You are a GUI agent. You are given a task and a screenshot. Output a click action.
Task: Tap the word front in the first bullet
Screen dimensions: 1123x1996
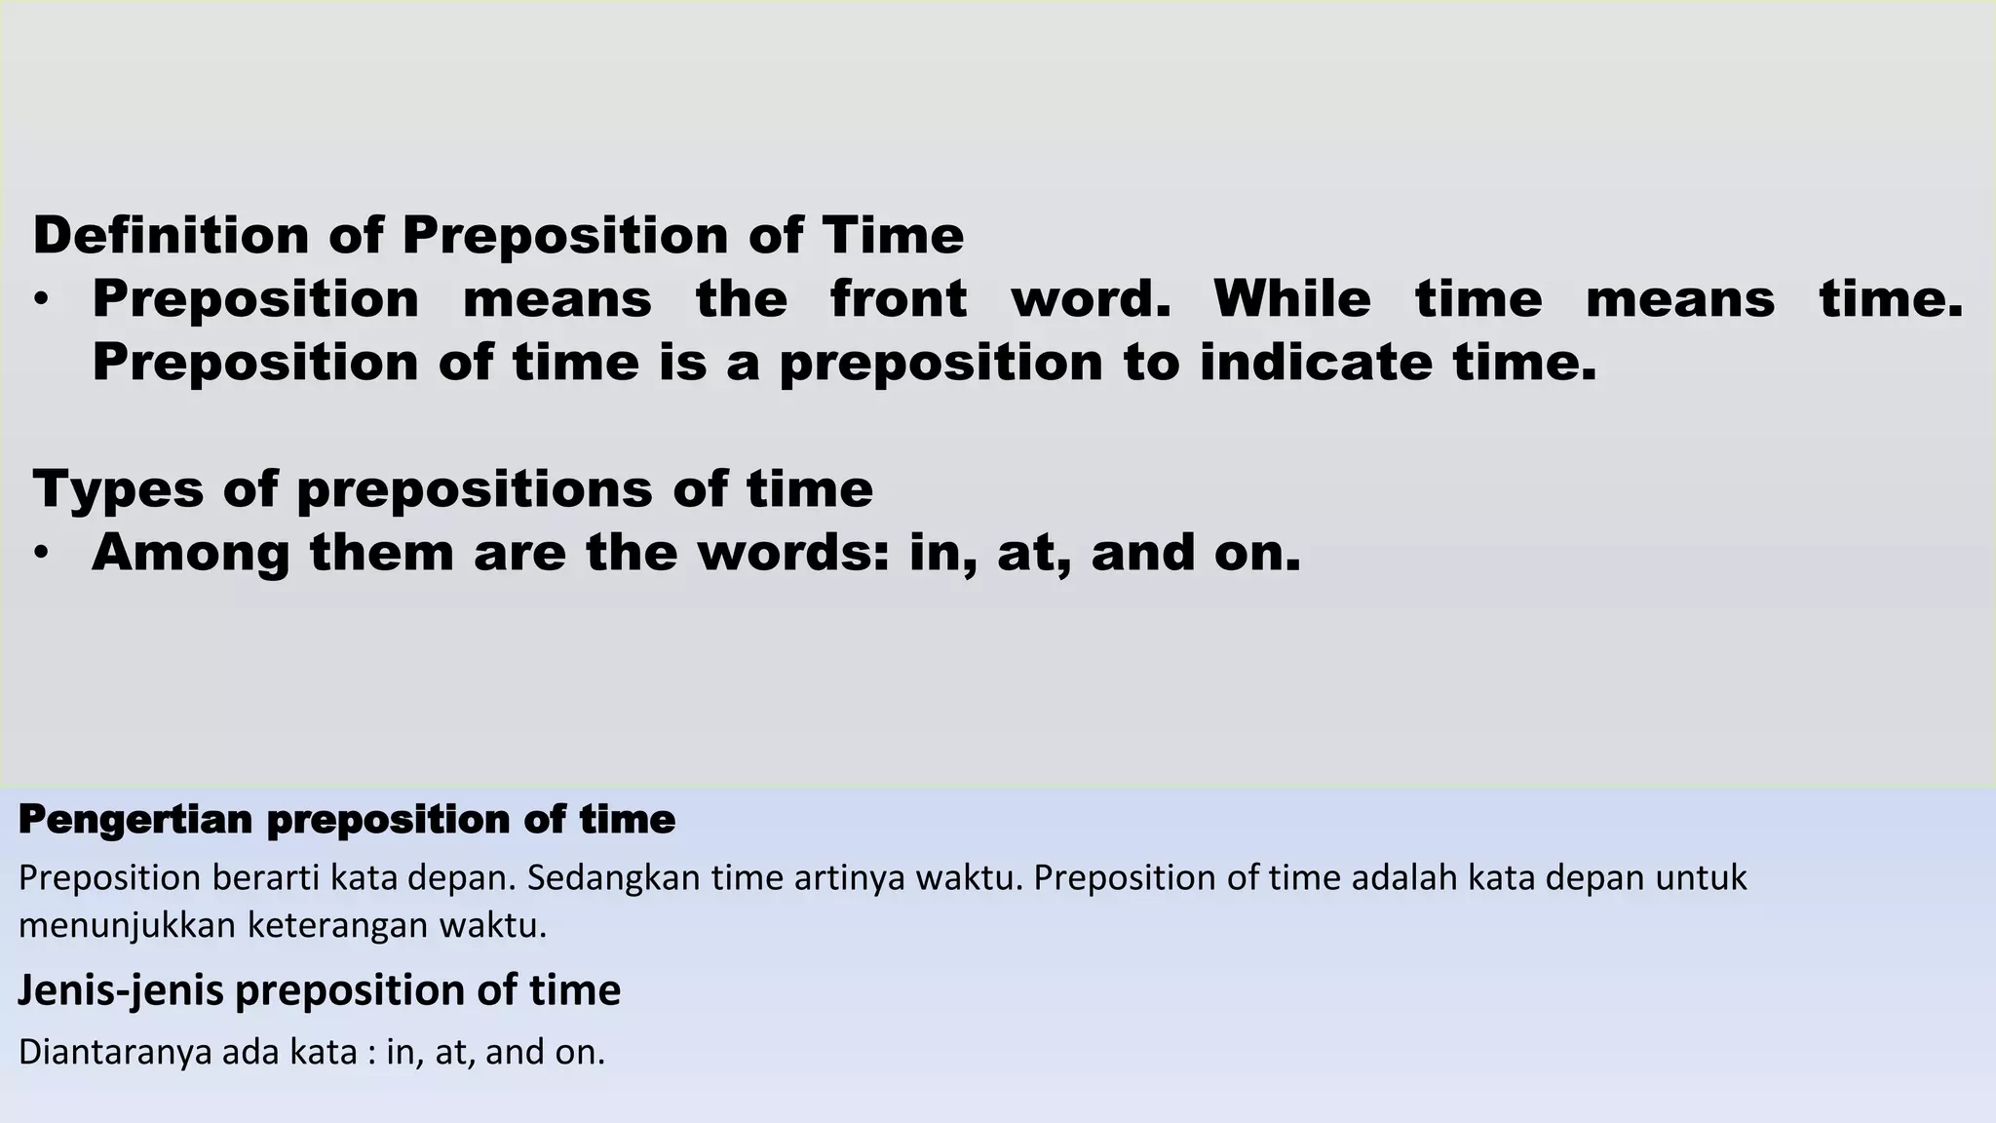pyautogui.click(x=899, y=298)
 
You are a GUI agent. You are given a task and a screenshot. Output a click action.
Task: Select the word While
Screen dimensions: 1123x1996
pyautogui.click(x=1291, y=298)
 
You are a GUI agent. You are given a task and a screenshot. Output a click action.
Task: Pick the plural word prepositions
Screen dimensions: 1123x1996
pyautogui.click(x=475, y=489)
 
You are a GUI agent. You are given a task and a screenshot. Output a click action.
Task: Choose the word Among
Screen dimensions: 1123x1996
pyautogui.click(x=191, y=553)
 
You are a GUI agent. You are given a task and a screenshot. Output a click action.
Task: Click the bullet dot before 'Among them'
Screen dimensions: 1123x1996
pyautogui.click(x=40, y=554)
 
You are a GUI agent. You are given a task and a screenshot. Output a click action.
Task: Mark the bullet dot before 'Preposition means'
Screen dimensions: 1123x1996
pyautogui.click(x=40, y=300)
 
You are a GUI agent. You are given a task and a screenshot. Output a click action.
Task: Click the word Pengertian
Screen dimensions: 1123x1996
pyautogui.click(x=134, y=820)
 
